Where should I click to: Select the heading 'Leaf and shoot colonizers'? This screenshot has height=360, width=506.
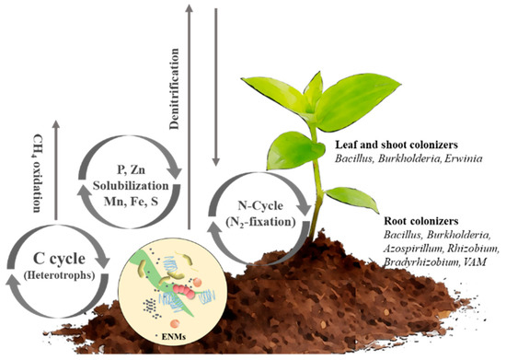click(388, 145)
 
